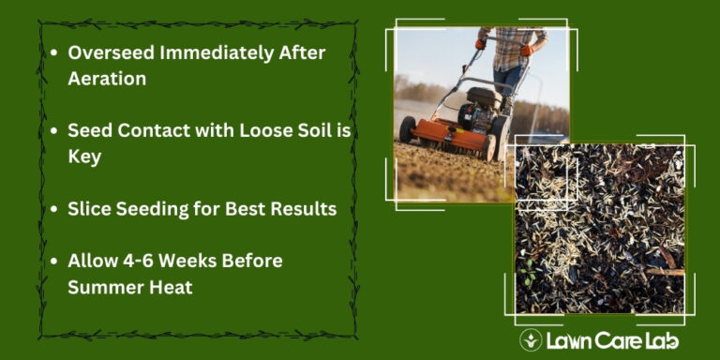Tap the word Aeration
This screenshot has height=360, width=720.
point(107,79)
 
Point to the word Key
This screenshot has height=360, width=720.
point(84,157)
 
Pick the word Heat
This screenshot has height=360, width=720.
point(172,286)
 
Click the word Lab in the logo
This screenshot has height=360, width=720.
point(660,340)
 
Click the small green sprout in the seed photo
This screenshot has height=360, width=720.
point(527,277)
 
